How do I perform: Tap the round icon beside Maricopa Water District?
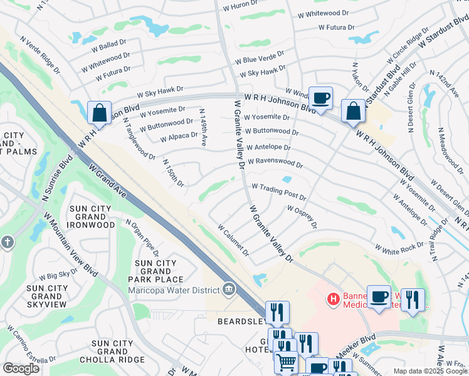(x=229, y=289)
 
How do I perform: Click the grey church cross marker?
(x=7, y=242)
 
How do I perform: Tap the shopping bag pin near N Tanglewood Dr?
(x=100, y=113)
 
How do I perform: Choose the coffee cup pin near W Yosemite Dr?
(x=320, y=98)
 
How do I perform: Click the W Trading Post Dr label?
(x=278, y=191)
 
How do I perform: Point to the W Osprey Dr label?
(x=302, y=216)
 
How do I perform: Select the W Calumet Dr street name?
(x=233, y=241)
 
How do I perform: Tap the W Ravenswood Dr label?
(x=275, y=163)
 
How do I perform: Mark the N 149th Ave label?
(x=203, y=127)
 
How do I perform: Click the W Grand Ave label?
(x=108, y=182)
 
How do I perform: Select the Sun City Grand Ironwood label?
(x=92, y=216)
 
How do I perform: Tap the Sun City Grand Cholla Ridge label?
(x=112, y=352)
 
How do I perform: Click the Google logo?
(x=21, y=368)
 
